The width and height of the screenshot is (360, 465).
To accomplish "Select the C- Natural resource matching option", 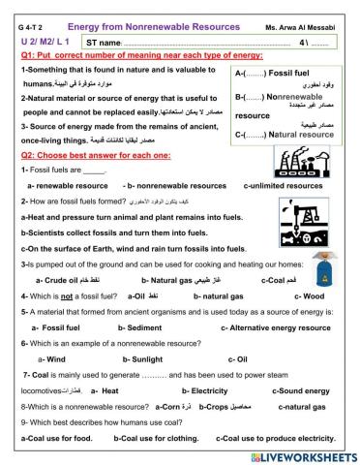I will point(281,134).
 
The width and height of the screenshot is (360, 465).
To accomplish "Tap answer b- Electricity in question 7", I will point(197,389).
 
